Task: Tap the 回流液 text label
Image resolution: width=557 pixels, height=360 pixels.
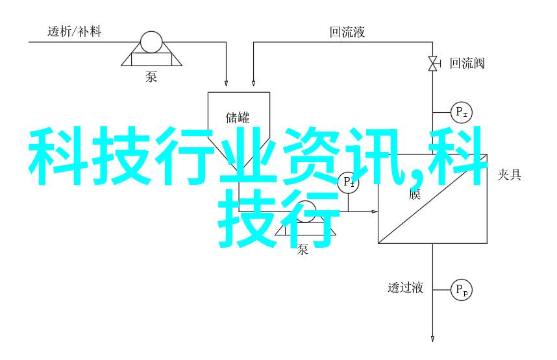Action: click(x=347, y=31)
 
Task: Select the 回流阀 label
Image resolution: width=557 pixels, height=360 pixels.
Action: click(x=467, y=63)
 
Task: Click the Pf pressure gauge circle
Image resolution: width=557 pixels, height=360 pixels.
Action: click(x=348, y=182)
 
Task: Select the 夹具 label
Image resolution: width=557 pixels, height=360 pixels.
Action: click(x=509, y=175)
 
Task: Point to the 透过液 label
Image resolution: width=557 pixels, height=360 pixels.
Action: click(x=405, y=288)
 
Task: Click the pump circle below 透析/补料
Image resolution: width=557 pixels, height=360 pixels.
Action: click(x=152, y=43)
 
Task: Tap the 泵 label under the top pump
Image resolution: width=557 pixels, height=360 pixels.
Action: click(x=151, y=78)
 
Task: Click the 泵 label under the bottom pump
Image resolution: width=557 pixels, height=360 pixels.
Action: click(x=303, y=249)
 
